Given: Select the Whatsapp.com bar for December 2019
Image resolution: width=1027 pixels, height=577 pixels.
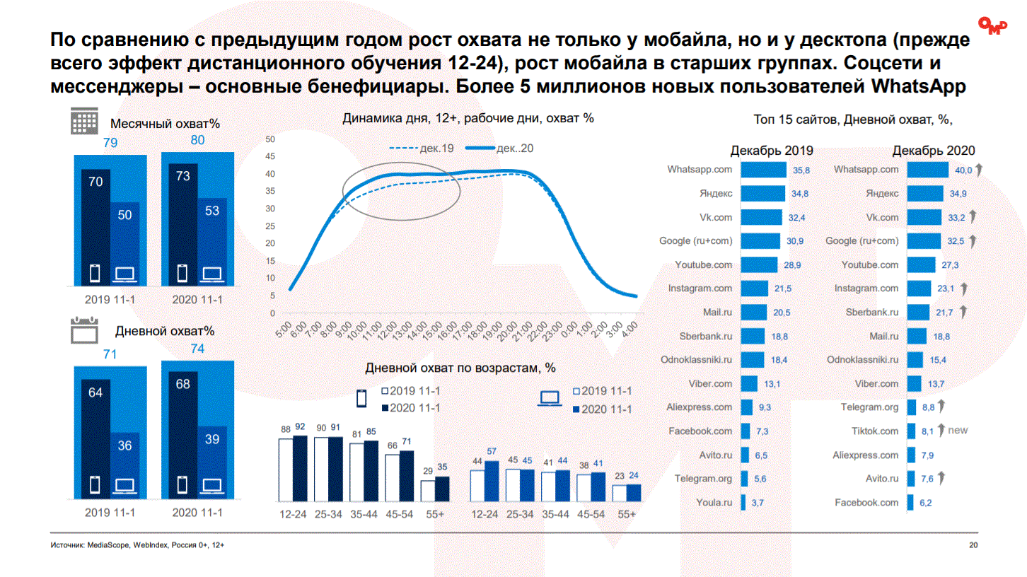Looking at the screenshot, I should coord(764,170).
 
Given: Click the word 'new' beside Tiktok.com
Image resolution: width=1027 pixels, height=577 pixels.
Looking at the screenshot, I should coord(958,430).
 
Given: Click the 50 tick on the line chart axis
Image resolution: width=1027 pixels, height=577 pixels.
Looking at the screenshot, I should coord(269,139).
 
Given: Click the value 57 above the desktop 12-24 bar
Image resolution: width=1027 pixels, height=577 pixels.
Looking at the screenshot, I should coord(492,451).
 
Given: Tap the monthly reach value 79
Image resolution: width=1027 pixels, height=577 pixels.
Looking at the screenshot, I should coord(110,143).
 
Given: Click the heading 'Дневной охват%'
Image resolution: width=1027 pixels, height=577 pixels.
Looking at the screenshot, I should coord(164,330).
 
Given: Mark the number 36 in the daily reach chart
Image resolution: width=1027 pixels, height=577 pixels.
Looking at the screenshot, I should coord(124,446).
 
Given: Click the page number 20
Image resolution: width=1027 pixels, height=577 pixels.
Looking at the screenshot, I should coord(973,545).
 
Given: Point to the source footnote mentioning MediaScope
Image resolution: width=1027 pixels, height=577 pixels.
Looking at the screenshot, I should coord(137,545).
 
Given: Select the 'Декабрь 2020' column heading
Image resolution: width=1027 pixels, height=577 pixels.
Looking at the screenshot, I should coord(934,151).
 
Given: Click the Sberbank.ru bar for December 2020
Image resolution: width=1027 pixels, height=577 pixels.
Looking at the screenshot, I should coord(919,312).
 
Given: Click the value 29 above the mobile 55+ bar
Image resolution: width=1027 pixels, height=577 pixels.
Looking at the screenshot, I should coord(427,471).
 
